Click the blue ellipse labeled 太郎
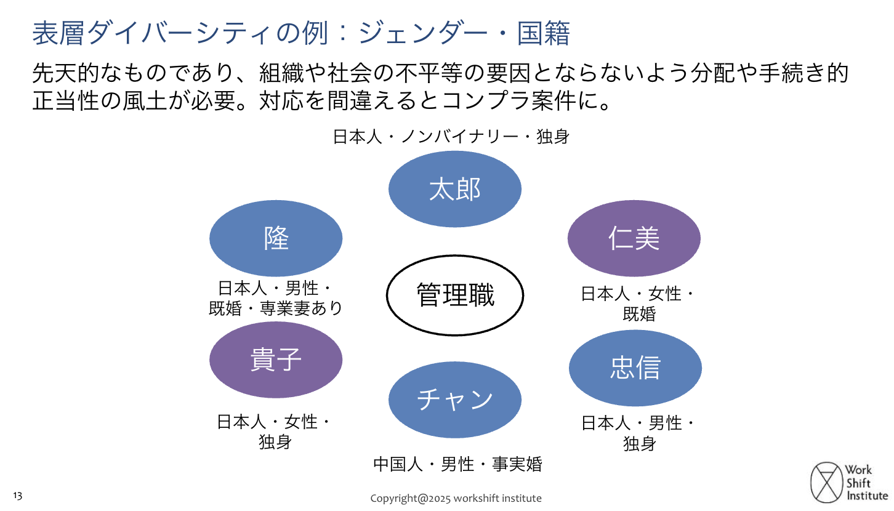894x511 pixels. (455, 189)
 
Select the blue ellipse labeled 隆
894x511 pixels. (276, 238)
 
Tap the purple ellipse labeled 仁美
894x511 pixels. (634, 238)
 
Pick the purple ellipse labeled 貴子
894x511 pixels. (276, 360)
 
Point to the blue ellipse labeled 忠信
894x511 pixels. (635, 368)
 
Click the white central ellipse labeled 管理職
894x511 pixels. (455, 295)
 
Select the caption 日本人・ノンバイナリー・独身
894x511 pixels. (451, 136)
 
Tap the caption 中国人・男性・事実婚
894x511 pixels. (457, 464)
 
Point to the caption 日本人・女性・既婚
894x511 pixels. (638, 304)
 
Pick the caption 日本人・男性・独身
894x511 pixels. (639, 433)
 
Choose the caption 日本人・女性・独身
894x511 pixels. (275, 432)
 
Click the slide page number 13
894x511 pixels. (17, 496)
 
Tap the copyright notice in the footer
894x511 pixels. (456, 498)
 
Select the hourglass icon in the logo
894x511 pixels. (826, 482)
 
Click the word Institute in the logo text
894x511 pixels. (867, 496)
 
